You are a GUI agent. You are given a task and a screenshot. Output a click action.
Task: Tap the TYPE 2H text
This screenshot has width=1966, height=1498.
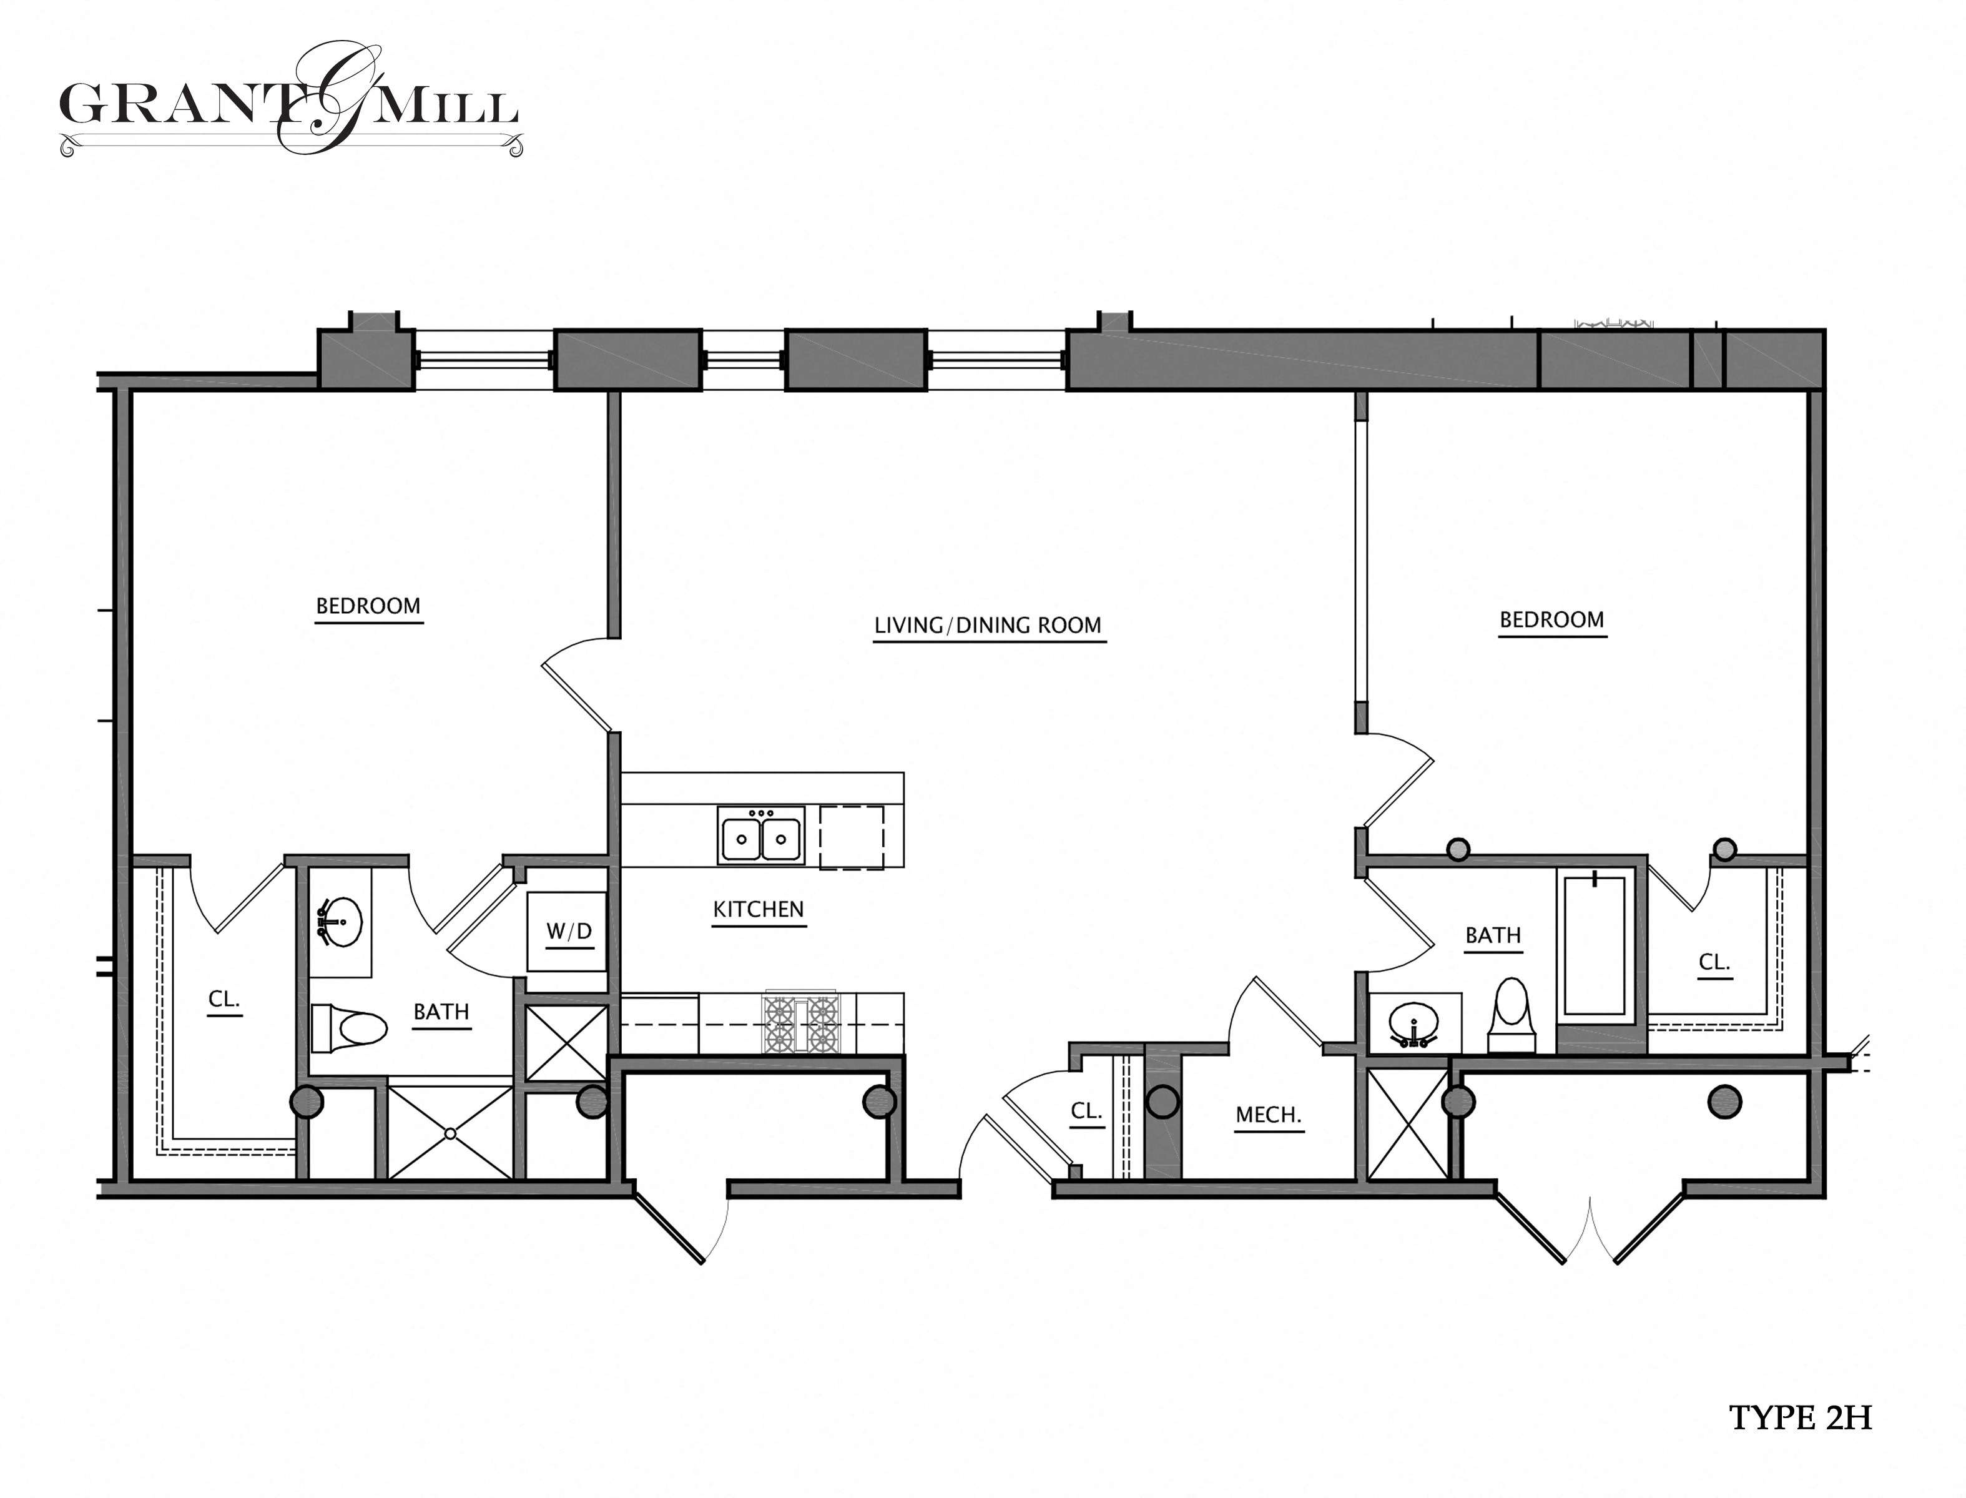[x=1800, y=1417]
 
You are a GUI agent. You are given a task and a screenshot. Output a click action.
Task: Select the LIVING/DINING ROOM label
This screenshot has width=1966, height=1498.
[x=987, y=626]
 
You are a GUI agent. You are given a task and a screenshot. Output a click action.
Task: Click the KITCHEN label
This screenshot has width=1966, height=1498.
[x=758, y=910]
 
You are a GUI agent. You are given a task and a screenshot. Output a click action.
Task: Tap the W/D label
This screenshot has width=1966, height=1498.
[x=569, y=932]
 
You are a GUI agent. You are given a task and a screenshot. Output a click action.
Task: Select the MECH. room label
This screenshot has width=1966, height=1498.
[x=1268, y=1115]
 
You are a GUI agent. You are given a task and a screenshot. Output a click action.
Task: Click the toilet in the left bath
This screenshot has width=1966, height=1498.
[x=350, y=1028]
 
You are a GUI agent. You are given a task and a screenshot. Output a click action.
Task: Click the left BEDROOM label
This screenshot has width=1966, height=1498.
[x=368, y=606]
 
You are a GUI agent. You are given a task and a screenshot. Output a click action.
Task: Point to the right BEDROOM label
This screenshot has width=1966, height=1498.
[x=1551, y=619]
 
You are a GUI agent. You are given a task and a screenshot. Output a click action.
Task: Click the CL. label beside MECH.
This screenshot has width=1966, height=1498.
[x=1086, y=1111]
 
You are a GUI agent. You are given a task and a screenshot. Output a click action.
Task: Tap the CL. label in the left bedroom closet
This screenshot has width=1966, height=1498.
[x=224, y=1000]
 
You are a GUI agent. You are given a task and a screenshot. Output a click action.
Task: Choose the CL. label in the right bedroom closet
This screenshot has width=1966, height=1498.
[x=1714, y=963]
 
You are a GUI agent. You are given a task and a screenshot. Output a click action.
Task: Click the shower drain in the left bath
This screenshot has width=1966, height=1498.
[x=450, y=1134]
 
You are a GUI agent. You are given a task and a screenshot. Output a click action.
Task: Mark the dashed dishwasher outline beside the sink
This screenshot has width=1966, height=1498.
[x=852, y=836]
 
